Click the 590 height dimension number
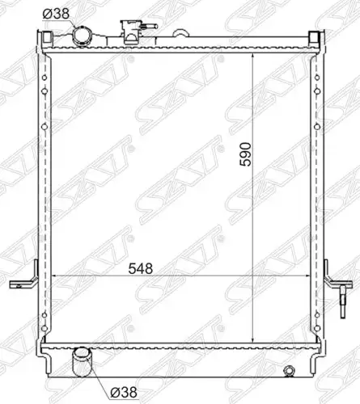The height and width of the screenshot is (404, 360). click(246, 154)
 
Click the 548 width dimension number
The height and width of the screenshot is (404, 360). click(141, 268)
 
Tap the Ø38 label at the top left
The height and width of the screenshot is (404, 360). click(56, 14)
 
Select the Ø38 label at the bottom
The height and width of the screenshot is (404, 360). click(124, 392)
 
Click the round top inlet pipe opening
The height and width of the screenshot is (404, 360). click(82, 36)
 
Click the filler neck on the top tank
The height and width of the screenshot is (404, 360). click(131, 32)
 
